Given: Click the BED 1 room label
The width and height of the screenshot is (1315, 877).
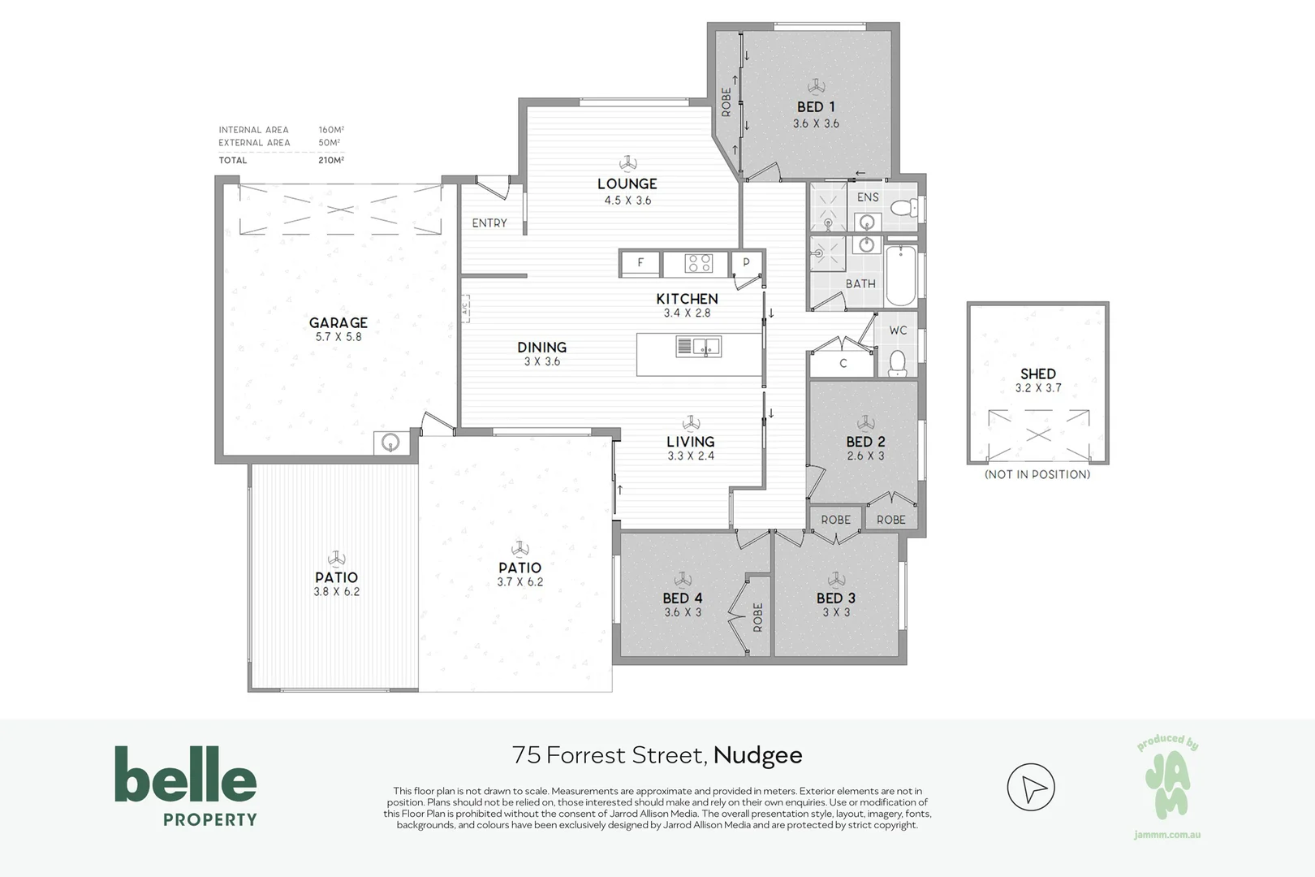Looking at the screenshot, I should (816, 106).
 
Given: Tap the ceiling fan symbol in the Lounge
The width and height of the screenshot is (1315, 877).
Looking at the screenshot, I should (627, 162).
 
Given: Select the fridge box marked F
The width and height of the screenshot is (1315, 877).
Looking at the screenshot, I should (640, 262).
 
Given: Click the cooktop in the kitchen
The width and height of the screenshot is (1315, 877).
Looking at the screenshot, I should (698, 263).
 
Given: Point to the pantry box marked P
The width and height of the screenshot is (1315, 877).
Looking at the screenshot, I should (747, 262).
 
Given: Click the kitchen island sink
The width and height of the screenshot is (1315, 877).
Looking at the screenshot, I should (698, 347).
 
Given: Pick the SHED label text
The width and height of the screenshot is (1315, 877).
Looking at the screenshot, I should (1037, 374).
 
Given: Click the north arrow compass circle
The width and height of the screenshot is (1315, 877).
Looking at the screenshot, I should (1030, 787).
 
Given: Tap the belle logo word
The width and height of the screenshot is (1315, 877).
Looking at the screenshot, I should (185, 775).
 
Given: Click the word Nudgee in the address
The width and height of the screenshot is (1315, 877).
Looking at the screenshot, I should (758, 755).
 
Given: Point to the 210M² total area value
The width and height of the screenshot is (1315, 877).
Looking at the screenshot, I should (331, 161).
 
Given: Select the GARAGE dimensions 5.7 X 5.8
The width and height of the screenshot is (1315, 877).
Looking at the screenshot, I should (338, 337).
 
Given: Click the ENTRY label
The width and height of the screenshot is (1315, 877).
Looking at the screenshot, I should (489, 222).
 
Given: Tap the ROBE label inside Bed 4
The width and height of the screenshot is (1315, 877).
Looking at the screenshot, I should (758, 617).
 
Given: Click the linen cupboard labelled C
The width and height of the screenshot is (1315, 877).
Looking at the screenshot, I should (843, 364).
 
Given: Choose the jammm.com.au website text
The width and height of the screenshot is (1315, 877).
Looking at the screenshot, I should (1166, 835).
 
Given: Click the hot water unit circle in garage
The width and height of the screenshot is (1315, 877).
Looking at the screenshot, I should (391, 443).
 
